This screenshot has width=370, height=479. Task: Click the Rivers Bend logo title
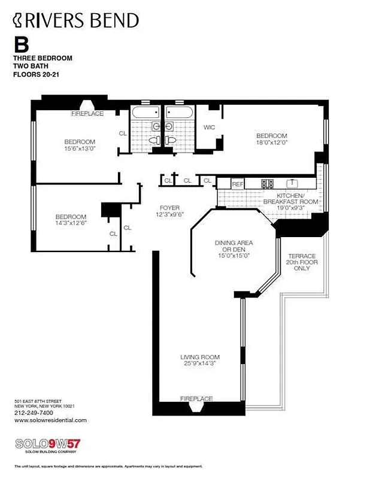(76, 21)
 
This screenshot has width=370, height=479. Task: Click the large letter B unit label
(21, 45)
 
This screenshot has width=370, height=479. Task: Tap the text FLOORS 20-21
(38, 75)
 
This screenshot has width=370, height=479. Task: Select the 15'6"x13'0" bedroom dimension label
(80, 148)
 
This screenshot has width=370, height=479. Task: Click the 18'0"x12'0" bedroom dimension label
(272, 143)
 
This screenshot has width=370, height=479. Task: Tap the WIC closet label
(210, 128)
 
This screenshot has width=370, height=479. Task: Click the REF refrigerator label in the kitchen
(237, 184)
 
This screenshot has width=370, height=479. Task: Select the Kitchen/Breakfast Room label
(298, 199)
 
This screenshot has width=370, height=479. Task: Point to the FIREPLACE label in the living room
(196, 399)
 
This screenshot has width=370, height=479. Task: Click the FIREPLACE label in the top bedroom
(87, 113)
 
